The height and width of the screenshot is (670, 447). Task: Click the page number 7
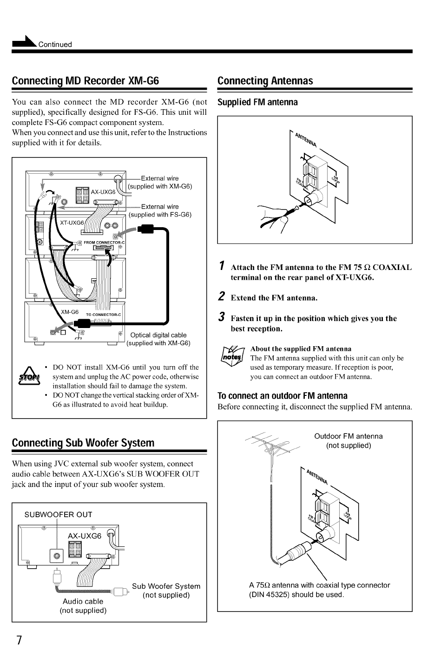click(19, 640)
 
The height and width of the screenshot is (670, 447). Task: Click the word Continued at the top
click(55, 45)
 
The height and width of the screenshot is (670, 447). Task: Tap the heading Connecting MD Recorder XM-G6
click(85, 81)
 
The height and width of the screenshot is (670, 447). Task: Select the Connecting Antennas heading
click(265, 81)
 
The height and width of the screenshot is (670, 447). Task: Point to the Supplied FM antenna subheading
click(257, 102)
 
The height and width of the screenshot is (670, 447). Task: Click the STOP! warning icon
click(29, 376)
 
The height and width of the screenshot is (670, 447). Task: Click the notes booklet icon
click(233, 356)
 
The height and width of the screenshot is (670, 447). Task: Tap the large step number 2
click(221, 296)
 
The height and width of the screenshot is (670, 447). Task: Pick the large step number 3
click(221, 316)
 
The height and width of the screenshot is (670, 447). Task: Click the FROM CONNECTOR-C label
click(104, 242)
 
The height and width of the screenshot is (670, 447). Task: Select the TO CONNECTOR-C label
click(104, 315)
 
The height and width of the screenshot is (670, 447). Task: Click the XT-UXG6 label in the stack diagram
click(72, 223)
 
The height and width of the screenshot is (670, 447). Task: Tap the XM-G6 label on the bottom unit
click(70, 312)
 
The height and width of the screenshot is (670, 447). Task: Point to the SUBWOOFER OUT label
click(59, 514)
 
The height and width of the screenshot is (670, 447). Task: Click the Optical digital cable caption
click(158, 335)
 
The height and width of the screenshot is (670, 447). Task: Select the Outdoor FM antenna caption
click(348, 436)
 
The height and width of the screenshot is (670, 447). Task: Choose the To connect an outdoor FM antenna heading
click(283, 396)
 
